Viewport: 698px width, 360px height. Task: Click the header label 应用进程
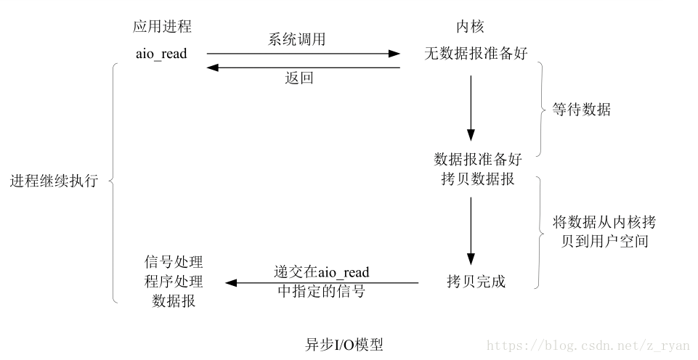tap(162, 27)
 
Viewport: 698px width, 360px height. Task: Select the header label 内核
tap(470, 27)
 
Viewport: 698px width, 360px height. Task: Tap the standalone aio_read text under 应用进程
tap(161, 54)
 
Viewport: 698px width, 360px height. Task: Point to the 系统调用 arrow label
tap(296, 39)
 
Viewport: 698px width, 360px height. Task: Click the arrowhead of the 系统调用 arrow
tap(394, 54)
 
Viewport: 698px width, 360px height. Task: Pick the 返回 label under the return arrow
tap(299, 78)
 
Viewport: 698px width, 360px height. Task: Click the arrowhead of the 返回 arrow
tap(213, 67)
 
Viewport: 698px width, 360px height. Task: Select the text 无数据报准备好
tap(476, 54)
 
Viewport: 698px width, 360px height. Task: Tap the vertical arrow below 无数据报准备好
tap(471, 108)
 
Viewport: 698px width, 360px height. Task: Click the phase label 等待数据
tap(581, 109)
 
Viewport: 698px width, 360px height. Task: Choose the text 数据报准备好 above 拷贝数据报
tap(478, 159)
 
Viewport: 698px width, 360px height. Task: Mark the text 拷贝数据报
tap(478, 179)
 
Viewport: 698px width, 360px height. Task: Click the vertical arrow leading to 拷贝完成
tap(471, 232)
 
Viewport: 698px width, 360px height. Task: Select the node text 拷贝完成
tap(476, 281)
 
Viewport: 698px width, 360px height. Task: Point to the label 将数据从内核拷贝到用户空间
tap(604, 232)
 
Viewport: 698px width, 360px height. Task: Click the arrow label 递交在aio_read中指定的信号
tap(322, 281)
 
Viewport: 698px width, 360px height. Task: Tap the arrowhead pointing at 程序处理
tap(232, 282)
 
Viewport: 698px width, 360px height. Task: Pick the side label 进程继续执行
tap(54, 181)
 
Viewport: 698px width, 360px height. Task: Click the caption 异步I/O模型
tap(344, 345)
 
